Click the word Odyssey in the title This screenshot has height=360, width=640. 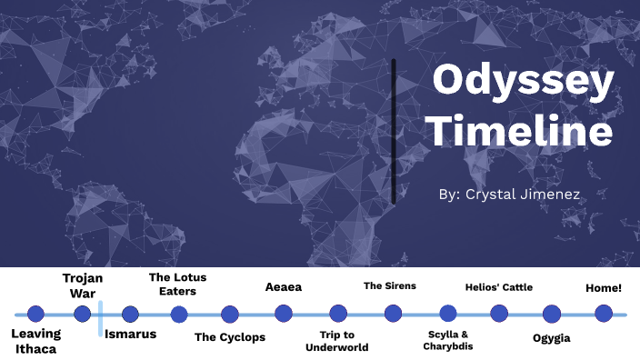523,83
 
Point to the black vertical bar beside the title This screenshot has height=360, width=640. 394,132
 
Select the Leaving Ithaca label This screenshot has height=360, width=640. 36,340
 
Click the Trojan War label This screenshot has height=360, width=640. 83,285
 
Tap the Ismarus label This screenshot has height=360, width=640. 130,334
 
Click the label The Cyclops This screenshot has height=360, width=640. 230,337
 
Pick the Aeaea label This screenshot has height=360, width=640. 284,287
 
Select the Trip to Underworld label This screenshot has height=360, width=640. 337,341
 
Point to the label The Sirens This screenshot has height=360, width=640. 390,285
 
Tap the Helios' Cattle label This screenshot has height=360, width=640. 499,287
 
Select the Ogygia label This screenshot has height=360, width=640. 552,338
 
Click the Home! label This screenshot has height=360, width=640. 604,287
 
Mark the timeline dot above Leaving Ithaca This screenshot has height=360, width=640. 35,314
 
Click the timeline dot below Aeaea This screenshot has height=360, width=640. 284,314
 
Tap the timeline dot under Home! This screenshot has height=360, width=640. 604,314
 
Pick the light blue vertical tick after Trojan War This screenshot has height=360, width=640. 100,319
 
